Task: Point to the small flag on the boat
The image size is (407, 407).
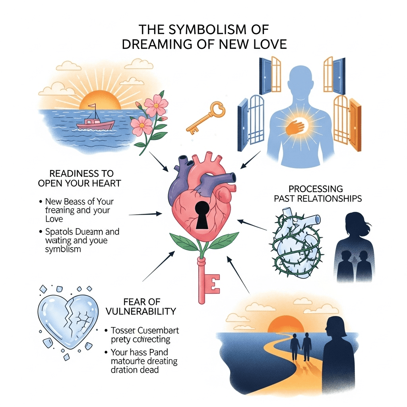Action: pos(92,107)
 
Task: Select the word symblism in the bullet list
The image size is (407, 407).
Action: pos(63,249)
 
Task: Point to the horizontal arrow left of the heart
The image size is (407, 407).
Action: pos(145,214)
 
